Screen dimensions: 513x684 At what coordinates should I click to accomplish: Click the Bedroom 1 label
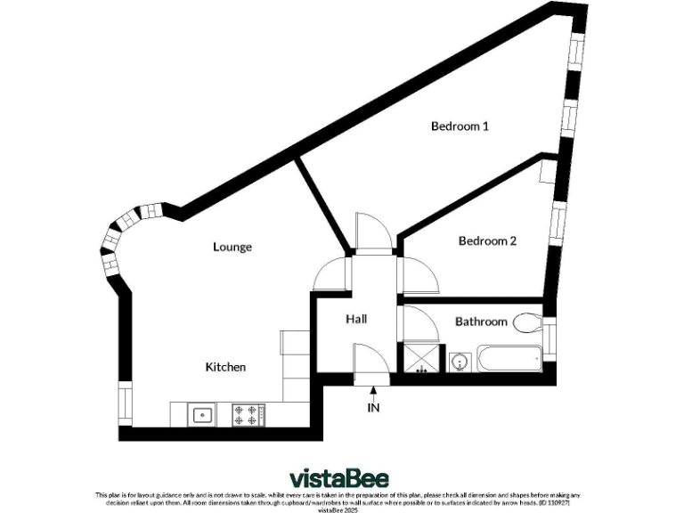tap(460, 126)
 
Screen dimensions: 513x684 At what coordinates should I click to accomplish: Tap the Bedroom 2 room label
tap(487, 240)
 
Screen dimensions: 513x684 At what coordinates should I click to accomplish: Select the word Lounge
tap(232, 247)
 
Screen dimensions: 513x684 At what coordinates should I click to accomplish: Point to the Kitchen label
tap(225, 367)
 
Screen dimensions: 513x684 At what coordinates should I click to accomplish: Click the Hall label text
tap(355, 319)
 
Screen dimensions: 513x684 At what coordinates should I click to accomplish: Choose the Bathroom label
tap(481, 322)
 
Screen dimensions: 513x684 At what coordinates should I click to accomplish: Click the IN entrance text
tap(373, 408)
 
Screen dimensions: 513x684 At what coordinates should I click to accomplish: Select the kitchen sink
tap(202, 414)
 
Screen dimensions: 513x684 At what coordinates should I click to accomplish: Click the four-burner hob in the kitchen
tap(248, 414)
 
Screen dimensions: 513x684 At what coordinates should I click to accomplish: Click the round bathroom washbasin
tap(460, 362)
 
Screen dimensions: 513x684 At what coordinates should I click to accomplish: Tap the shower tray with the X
tap(421, 360)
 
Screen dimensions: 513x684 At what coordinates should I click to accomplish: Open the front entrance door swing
tap(368, 365)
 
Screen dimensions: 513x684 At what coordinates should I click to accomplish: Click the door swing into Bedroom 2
tap(418, 273)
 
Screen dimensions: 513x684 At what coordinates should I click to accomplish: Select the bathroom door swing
tap(419, 322)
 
